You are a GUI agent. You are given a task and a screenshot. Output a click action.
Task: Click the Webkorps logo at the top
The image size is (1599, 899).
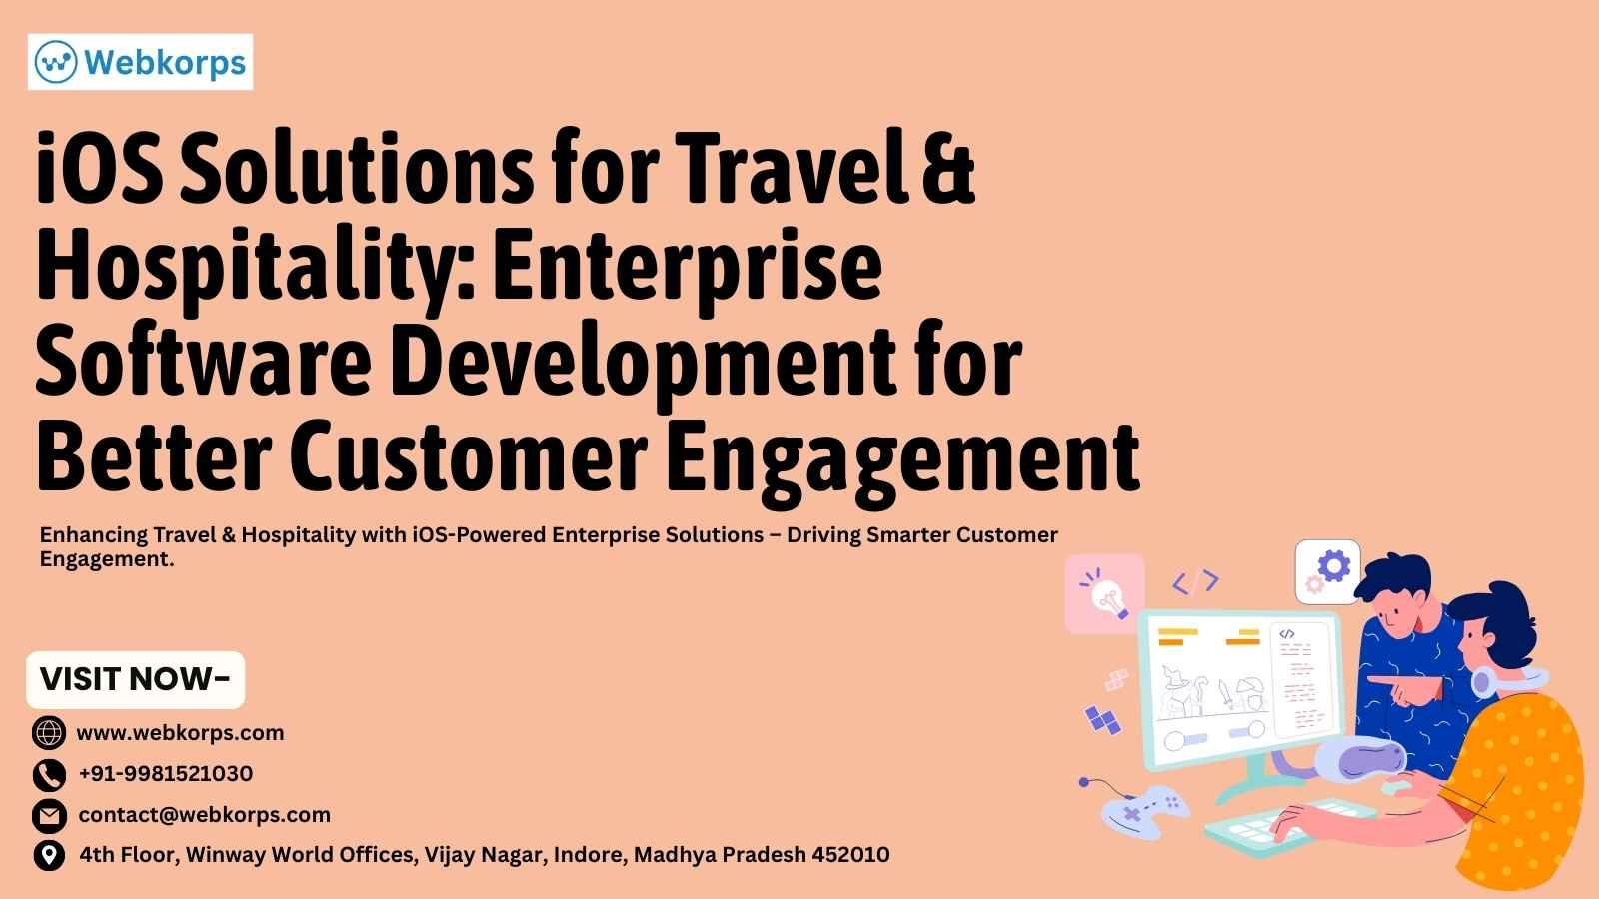[141, 62]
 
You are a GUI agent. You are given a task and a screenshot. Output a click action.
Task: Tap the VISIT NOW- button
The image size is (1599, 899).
[136, 679]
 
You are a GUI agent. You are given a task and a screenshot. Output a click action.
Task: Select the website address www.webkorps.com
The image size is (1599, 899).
[180, 733]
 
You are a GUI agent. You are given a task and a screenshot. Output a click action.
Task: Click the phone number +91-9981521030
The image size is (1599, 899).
[166, 773]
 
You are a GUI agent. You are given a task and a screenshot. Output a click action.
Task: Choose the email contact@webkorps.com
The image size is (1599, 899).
[204, 815]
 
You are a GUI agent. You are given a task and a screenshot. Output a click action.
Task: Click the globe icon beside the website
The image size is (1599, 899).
[49, 733]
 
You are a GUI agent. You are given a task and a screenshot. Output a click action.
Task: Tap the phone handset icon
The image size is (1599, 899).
[49, 775]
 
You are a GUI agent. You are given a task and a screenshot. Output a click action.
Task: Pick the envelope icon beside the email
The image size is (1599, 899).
[49, 815]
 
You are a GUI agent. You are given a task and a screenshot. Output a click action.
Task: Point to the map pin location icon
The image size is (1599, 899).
[49, 855]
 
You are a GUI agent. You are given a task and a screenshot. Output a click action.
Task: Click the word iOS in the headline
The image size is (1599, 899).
[99, 169]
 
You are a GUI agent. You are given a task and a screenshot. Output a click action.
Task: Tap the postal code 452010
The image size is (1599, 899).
[850, 854]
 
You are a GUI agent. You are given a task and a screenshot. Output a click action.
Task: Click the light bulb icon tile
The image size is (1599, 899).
[1105, 594]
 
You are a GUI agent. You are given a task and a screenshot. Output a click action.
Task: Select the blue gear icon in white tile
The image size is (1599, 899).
[1328, 572]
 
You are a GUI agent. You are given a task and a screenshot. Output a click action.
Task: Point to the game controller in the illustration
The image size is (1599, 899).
[1144, 812]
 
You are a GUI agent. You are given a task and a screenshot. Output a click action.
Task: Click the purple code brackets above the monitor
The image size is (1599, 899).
[1195, 582]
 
